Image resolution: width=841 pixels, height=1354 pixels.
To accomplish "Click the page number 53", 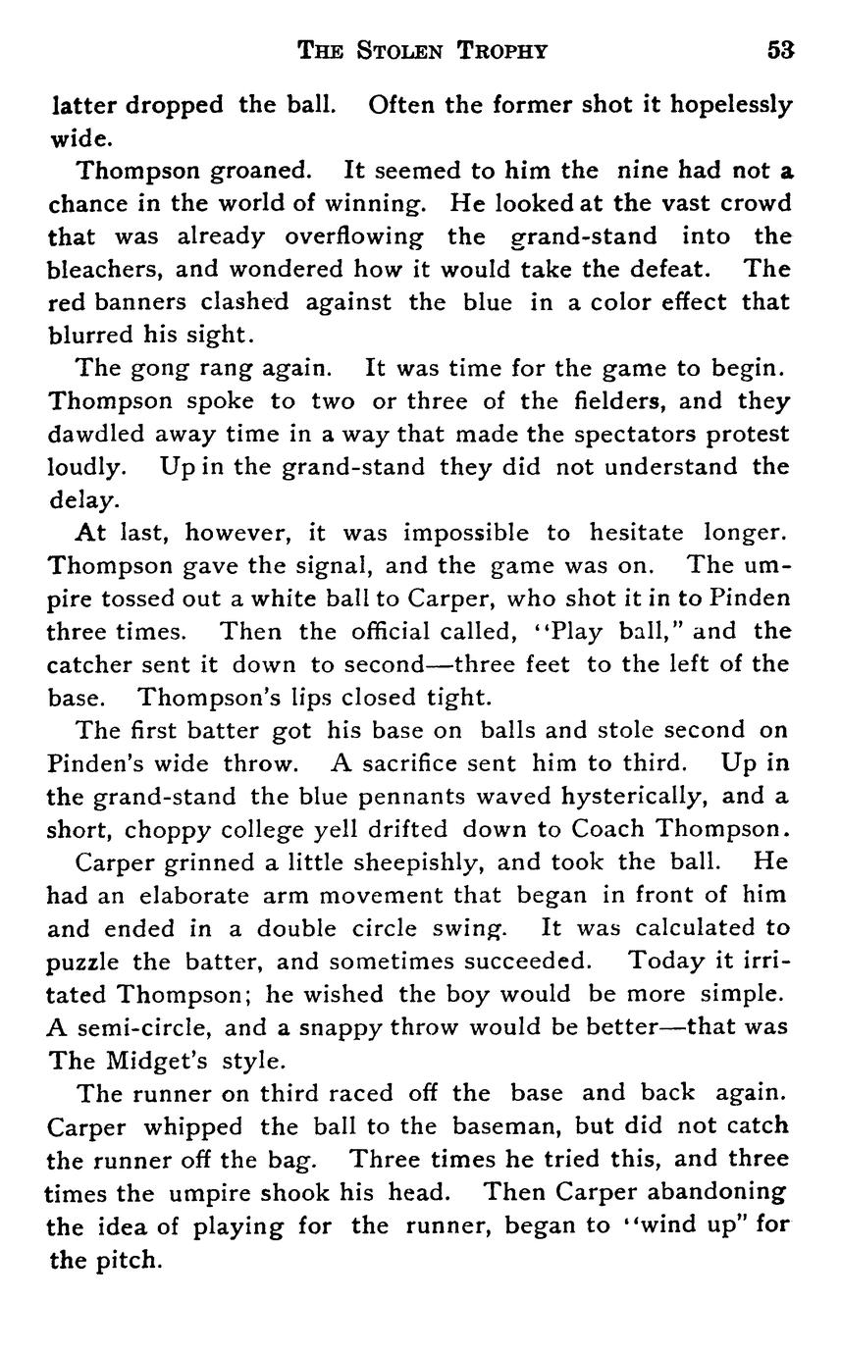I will pyautogui.click(x=780, y=51).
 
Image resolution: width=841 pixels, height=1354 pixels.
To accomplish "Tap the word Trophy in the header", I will pyautogui.click(x=501, y=51).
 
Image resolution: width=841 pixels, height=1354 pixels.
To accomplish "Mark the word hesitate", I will pyautogui.click(x=637, y=533).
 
